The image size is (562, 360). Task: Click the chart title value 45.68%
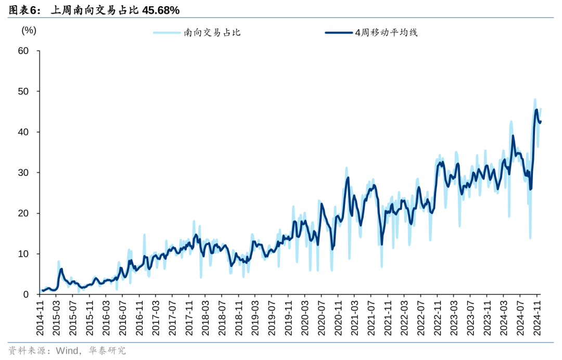pyautogui.click(x=161, y=10)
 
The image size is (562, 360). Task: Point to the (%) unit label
pyautogui.click(x=29, y=30)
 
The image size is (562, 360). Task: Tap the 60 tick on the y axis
pyautogui.click(x=22, y=51)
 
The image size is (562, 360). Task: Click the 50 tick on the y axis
pyautogui.click(x=22, y=92)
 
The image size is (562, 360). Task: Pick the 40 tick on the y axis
pyautogui.click(x=22, y=132)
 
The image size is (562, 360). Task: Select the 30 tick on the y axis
pyautogui.click(x=22, y=173)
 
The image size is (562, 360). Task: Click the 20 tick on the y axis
pyautogui.click(x=22, y=213)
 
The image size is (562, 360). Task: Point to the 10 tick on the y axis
pyautogui.click(x=22, y=254)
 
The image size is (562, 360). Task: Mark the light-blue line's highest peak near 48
pyautogui.click(x=535, y=99)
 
